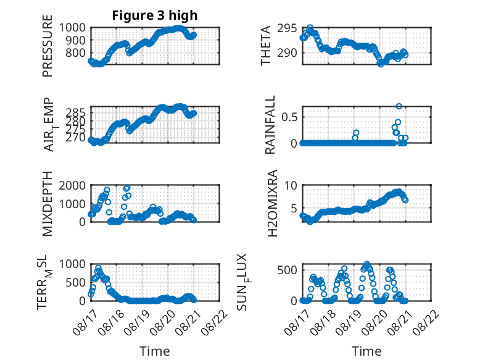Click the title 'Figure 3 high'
coord(155,15)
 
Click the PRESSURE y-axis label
coord(48,46)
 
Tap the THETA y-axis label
coord(266,46)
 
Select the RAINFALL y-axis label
coord(270,125)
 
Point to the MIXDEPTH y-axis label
coord(48,204)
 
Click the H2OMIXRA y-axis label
coord(272,203)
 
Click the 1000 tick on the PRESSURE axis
coord(72,28)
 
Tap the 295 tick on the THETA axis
coord(287,28)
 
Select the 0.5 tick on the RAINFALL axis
coord(289,117)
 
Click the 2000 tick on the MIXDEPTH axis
coord(72,185)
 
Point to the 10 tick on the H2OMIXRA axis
coord(291,185)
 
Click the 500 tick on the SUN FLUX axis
coord(287,270)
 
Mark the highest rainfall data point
coord(399,106)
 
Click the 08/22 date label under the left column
coord(215,322)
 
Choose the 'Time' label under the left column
coord(155,351)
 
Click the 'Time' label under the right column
coord(366,351)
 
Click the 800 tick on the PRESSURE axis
coord(75,53)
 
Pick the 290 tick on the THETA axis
coord(287,52)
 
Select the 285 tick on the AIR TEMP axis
coord(75,112)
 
